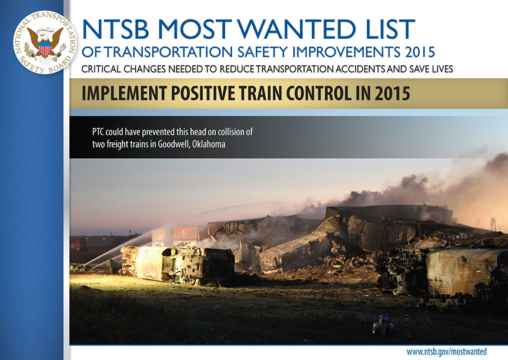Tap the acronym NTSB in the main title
click(115, 29)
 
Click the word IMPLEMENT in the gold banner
click(125, 94)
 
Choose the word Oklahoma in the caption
click(209, 144)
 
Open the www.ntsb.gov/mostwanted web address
click(446, 352)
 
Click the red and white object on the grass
click(383, 325)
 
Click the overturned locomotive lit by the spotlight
click(178, 264)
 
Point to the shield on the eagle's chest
click(45, 49)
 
